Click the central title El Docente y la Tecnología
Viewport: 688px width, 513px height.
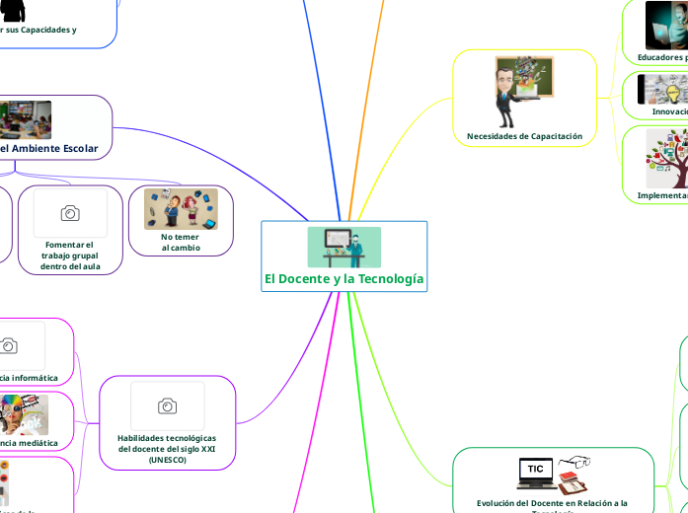click(x=344, y=279)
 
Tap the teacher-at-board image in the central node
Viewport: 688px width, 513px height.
click(x=344, y=247)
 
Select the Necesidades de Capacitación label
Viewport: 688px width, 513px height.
click(x=524, y=136)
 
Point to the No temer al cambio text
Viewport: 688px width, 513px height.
click(x=181, y=242)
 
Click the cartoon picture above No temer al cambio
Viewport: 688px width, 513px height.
click(x=181, y=209)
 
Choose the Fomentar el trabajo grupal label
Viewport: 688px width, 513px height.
click(x=70, y=256)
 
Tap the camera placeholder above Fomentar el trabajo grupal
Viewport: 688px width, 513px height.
click(x=70, y=213)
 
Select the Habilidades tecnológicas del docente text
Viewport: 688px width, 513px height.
click(x=167, y=443)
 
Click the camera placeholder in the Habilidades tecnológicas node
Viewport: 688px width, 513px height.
click(x=167, y=406)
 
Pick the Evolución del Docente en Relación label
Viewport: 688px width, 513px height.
click(x=552, y=503)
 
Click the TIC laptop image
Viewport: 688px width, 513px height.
click(x=535, y=471)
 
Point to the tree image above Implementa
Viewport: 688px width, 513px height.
click(x=666, y=158)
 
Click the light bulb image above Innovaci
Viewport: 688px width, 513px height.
click(x=661, y=90)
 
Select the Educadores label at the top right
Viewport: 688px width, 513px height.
click(x=661, y=57)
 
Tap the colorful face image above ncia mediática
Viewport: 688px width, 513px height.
click(x=23, y=414)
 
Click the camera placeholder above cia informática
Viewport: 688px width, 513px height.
click(x=9, y=345)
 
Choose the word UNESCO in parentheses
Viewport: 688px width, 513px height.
click(x=167, y=460)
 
